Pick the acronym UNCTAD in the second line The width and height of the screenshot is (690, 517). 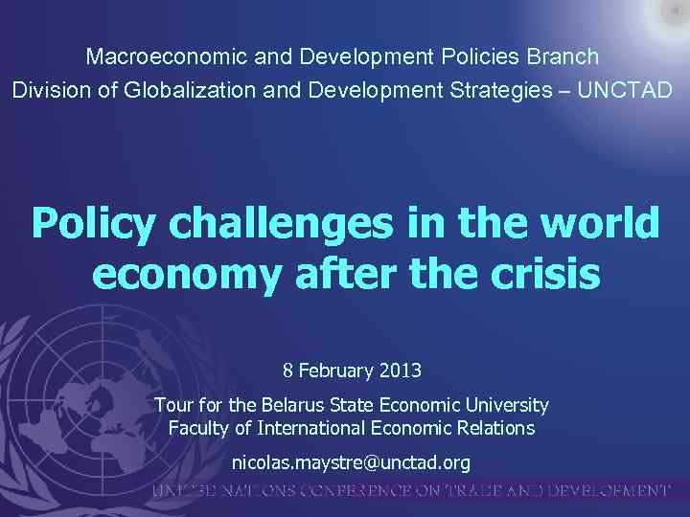[x=627, y=90]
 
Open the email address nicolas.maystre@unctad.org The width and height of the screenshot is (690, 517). [x=351, y=462]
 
